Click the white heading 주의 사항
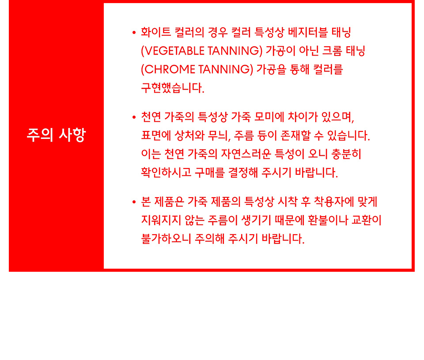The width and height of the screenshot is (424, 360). pos(56,135)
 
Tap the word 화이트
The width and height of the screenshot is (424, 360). pos(156,32)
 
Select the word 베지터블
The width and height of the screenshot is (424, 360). pos(308,32)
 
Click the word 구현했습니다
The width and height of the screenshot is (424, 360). pos(173,88)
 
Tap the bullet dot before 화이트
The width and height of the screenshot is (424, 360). pos(134,33)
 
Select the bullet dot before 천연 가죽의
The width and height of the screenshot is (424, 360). pos(134,117)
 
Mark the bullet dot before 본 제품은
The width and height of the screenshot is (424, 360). pos(134,202)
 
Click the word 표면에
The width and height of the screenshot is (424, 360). pos(156,135)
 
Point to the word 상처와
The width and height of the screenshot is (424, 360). pos(189,135)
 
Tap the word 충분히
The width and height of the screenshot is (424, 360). pos(346,154)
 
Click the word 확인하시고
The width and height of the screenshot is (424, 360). pos(167,172)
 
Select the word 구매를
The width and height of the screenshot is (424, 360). pos(209,172)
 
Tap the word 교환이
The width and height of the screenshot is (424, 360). pos(367,220)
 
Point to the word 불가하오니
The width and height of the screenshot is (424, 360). pos(167,239)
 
